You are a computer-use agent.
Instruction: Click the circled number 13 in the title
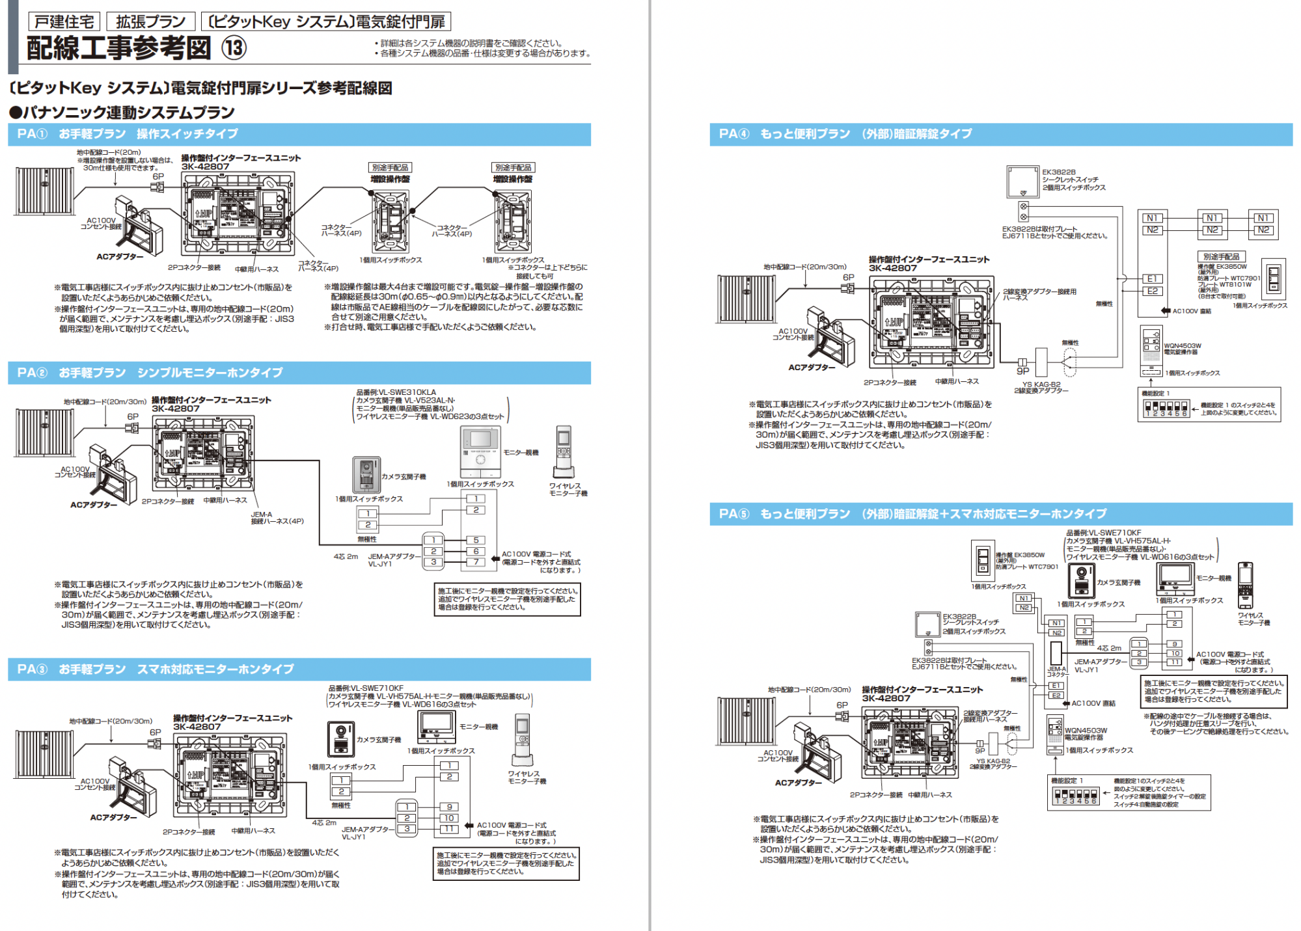[234, 48]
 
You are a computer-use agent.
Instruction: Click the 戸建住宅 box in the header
[64, 21]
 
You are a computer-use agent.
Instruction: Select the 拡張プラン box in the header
[150, 21]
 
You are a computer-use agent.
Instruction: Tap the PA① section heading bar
[299, 134]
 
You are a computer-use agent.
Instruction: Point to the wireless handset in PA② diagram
[564, 452]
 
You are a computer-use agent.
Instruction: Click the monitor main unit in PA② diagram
[480, 452]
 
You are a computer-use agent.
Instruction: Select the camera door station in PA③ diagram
[341, 739]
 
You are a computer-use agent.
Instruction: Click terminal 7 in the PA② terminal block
[476, 561]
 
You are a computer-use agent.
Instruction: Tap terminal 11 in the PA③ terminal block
[449, 829]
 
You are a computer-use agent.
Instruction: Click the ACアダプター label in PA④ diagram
[812, 368]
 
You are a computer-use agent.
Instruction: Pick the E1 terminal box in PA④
[1152, 278]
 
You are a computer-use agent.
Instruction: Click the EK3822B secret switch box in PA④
[1023, 182]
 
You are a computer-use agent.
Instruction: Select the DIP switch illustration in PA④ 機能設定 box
[1167, 409]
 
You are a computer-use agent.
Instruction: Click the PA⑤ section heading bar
[1000, 514]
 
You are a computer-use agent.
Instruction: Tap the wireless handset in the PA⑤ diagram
[1245, 585]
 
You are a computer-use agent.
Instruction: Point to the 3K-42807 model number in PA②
[176, 409]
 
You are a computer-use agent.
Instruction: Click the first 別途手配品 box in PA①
[390, 167]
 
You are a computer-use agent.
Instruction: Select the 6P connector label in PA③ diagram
[156, 732]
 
